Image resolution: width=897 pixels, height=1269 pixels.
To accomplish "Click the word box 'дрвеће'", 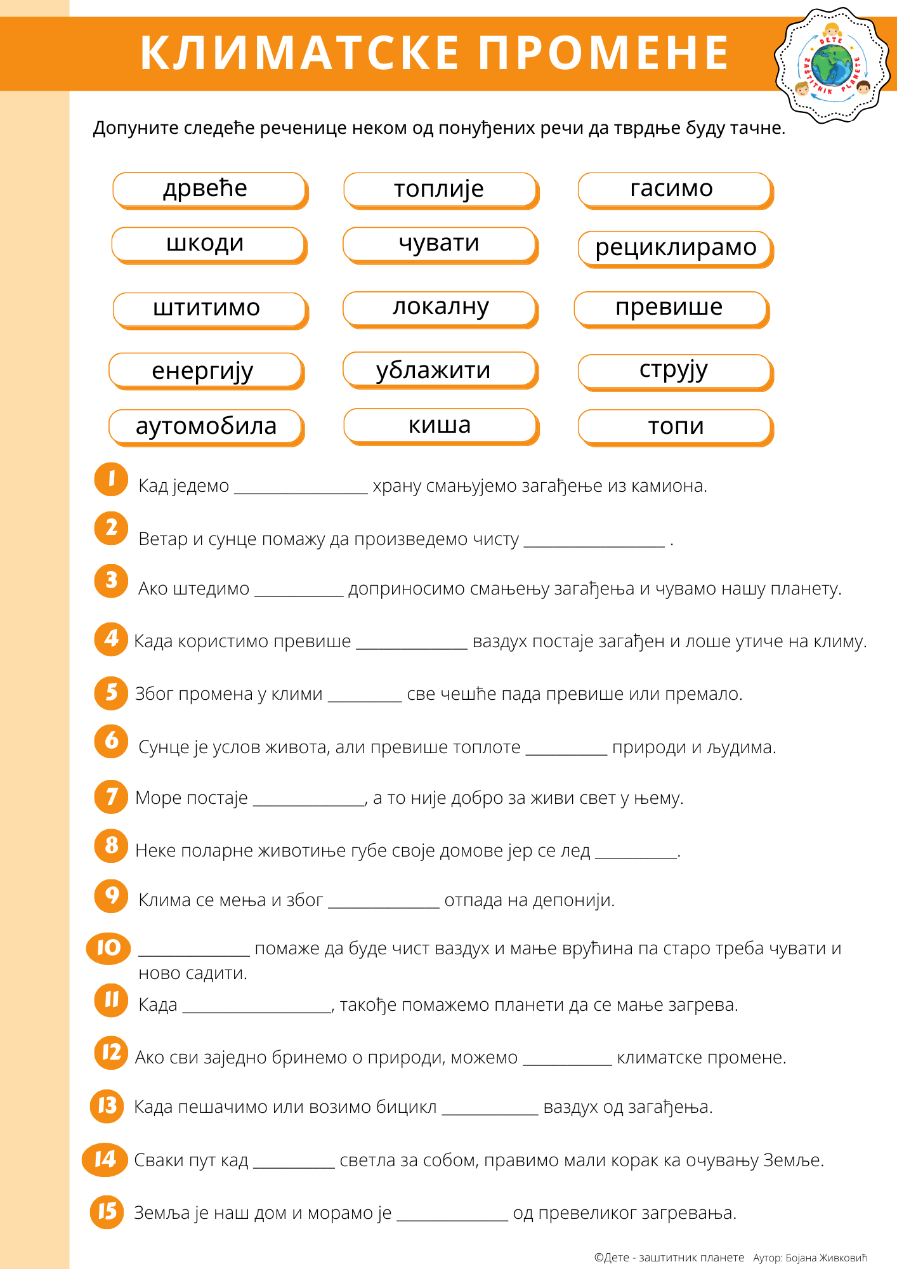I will pyautogui.click(x=209, y=189).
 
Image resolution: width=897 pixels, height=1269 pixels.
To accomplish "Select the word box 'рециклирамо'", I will pyautogui.click(x=675, y=248).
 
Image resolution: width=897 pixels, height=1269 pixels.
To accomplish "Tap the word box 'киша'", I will pyautogui.click(x=440, y=426).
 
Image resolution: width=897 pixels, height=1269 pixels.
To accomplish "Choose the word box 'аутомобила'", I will pyautogui.click(x=206, y=426).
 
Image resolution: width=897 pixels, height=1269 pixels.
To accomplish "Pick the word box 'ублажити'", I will pyautogui.click(x=440, y=370).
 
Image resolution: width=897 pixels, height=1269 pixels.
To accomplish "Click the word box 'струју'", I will pyautogui.click(x=675, y=371).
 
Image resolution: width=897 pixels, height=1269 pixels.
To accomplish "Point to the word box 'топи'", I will pyautogui.click(x=675, y=426).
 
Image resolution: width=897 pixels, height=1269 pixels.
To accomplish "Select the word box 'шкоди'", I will pyautogui.click(x=209, y=244).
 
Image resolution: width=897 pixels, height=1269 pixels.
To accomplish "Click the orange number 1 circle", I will pyautogui.click(x=111, y=479).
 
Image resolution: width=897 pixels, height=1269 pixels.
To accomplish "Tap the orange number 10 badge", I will pyautogui.click(x=108, y=949).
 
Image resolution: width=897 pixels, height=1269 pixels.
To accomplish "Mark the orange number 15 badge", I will pyautogui.click(x=107, y=1212).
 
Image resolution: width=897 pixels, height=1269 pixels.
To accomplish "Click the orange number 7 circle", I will pyautogui.click(x=111, y=797).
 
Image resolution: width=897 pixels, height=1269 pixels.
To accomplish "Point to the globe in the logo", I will pyautogui.click(x=832, y=65).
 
